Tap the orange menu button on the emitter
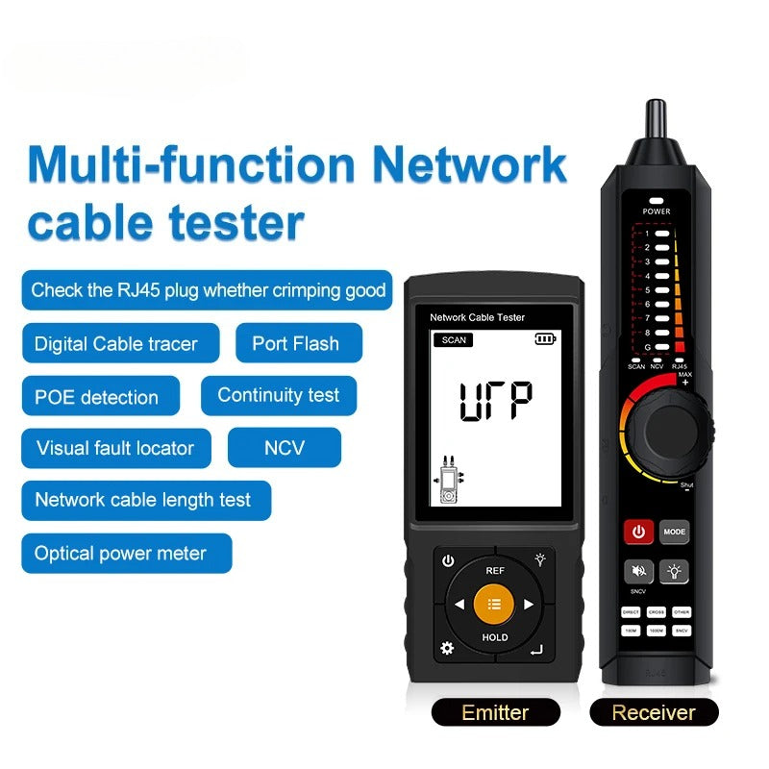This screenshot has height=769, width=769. pos(495,604)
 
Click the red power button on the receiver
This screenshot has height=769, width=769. pos(638,532)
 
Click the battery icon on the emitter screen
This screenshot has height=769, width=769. pos(546,338)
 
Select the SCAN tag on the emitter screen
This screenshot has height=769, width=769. pos(454,339)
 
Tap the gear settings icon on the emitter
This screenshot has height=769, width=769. pos(447,648)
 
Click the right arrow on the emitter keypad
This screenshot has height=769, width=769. pos(528,605)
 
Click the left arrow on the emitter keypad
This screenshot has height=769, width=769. pos(459,605)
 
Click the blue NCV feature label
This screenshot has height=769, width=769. pos(284,448)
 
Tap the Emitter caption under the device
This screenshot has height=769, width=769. pos(495,712)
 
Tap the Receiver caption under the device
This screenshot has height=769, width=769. pos(654,712)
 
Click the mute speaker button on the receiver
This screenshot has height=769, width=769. pos(638,572)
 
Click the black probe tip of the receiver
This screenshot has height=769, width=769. pos(657,120)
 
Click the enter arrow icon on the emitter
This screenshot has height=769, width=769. pos(536,650)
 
